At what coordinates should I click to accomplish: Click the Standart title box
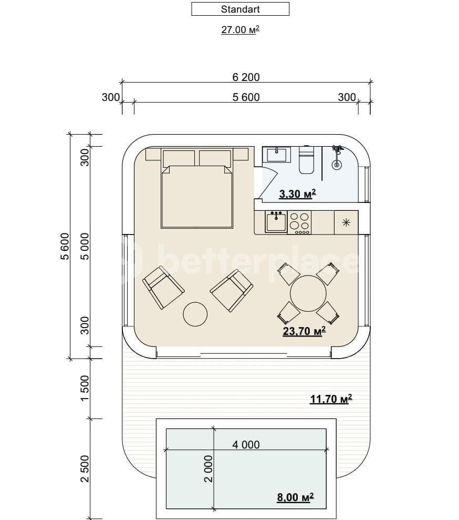(x=240, y=9)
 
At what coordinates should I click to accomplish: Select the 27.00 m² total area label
(x=241, y=30)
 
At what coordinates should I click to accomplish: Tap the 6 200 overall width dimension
(x=246, y=77)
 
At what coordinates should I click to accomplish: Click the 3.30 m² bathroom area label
(x=297, y=194)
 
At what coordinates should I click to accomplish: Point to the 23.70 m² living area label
(x=304, y=331)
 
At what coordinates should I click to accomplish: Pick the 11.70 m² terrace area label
(x=331, y=399)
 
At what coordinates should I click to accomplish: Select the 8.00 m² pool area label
(x=295, y=497)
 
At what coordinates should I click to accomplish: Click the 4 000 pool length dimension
(x=246, y=444)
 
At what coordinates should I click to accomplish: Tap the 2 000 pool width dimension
(x=208, y=468)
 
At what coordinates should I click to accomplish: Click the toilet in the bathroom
(x=306, y=161)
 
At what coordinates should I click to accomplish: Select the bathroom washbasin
(x=276, y=155)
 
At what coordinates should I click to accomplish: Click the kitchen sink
(x=276, y=222)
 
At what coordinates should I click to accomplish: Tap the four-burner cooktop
(x=300, y=222)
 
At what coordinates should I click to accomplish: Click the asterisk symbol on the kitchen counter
(x=346, y=222)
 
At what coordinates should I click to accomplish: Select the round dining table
(x=308, y=293)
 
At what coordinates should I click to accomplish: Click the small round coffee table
(x=195, y=314)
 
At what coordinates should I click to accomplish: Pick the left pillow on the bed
(x=179, y=158)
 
